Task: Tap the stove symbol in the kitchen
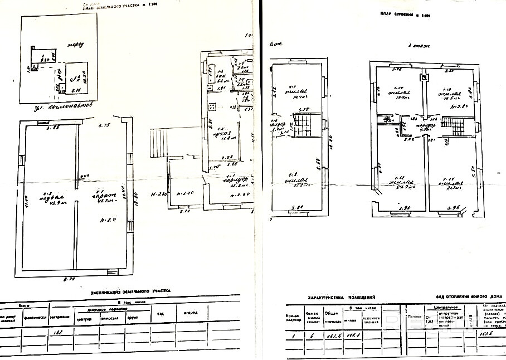(212, 107)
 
